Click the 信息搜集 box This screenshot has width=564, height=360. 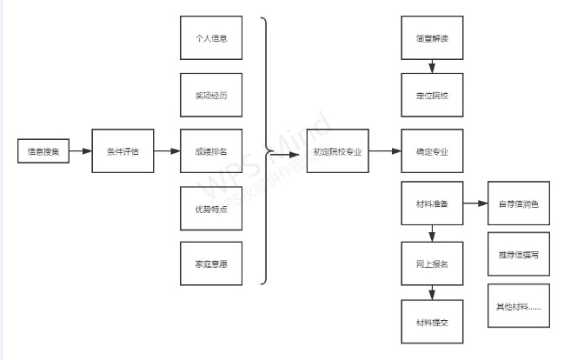point(43,151)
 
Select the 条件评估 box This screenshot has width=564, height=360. point(122,151)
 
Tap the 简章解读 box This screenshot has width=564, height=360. point(432,38)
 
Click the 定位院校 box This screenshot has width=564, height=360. point(432,95)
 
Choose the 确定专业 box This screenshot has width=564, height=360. point(432,151)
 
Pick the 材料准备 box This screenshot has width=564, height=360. point(432,204)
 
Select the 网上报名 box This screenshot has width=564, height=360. point(432,263)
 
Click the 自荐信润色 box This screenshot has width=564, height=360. point(518,204)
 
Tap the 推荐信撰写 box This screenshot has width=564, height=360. point(518,255)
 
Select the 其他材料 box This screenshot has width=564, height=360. point(518,306)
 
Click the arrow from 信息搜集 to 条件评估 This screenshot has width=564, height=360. point(80,151)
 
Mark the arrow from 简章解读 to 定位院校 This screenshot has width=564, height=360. point(432,66)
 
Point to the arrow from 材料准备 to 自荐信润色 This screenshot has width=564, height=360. point(474,204)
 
